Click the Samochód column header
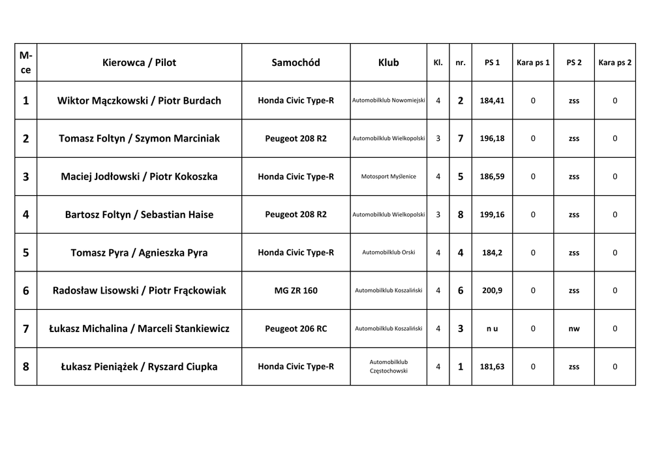tap(296, 63)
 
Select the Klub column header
tap(388, 63)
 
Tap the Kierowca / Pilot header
tap(139, 63)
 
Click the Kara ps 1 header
tap(533, 63)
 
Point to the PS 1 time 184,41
tap(492, 100)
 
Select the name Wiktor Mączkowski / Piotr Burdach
tap(139, 100)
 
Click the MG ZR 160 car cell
tap(296, 290)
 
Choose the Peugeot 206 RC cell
tap(296, 329)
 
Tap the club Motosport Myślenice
tap(388, 176)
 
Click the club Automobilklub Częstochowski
tap(388, 366)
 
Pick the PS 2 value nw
tap(574, 329)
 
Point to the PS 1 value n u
tap(492, 329)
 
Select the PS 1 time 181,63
tap(492, 367)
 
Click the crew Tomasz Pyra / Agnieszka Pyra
tap(139, 252)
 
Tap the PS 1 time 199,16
tap(492, 215)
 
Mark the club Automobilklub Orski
tap(388, 252)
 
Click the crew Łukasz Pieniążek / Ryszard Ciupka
tap(139, 367)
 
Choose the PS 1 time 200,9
tap(492, 290)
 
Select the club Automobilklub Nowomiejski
tap(388, 100)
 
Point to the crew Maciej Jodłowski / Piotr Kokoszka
tap(139, 176)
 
